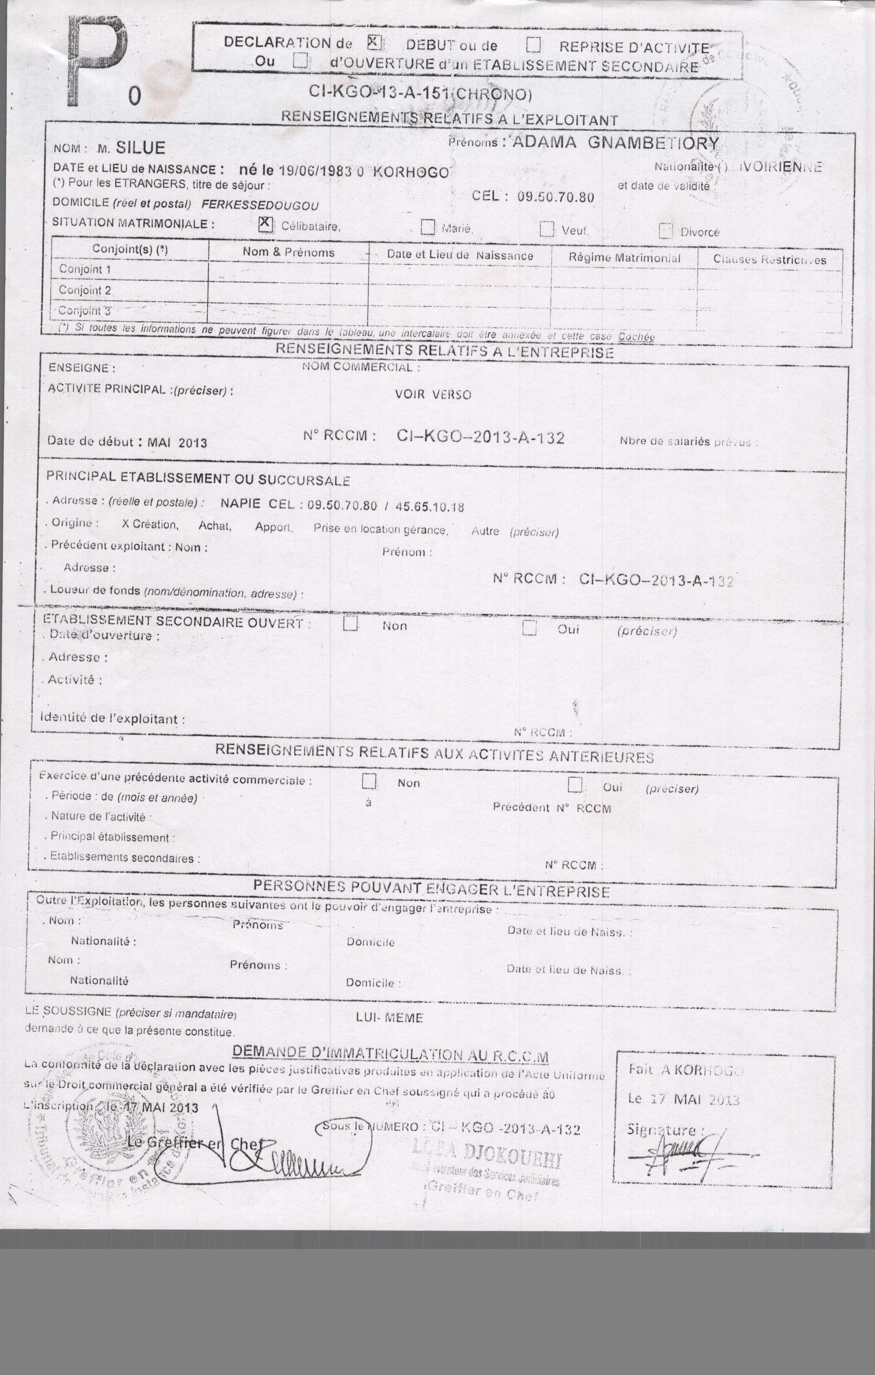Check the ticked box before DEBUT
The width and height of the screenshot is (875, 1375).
pyautogui.click(x=374, y=42)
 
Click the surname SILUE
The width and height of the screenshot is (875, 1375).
pyautogui.click(x=140, y=148)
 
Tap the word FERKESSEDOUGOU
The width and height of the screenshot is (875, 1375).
pyautogui.click(x=260, y=205)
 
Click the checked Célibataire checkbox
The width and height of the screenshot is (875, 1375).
pyautogui.click(x=265, y=224)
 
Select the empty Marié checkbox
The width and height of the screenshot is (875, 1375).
pyautogui.click(x=428, y=227)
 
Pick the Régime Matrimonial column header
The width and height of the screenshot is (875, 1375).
pyautogui.click(x=624, y=258)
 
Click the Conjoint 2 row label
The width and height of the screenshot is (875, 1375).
pyautogui.click(x=85, y=290)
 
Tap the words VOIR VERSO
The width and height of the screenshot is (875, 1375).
pyautogui.click(x=433, y=394)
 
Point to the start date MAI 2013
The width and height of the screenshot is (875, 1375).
pyautogui.click(x=177, y=442)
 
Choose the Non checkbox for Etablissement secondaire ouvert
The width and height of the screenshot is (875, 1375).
pyautogui.click(x=350, y=623)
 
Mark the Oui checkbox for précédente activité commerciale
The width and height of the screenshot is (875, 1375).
pyautogui.click(x=575, y=785)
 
